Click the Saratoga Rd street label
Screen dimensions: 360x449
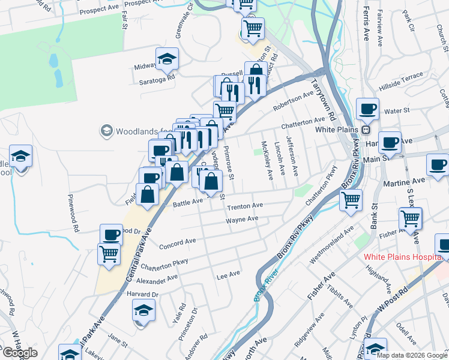pyautogui.click(x=157, y=77)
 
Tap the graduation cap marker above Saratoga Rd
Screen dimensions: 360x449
pyautogui.click(x=167, y=59)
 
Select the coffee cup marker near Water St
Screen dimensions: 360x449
pyautogui.click(x=367, y=109)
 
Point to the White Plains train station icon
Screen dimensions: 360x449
pyautogui.click(x=366, y=129)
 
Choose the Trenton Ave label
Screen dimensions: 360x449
pyautogui.click(x=245, y=206)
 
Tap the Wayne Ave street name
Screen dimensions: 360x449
pyautogui.click(x=242, y=220)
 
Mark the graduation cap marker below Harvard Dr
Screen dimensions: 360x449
pyautogui.click(x=143, y=310)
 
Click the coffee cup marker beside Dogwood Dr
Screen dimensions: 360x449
pyautogui.click(x=111, y=235)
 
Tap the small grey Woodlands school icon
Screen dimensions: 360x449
pyautogui.click(x=106, y=130)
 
